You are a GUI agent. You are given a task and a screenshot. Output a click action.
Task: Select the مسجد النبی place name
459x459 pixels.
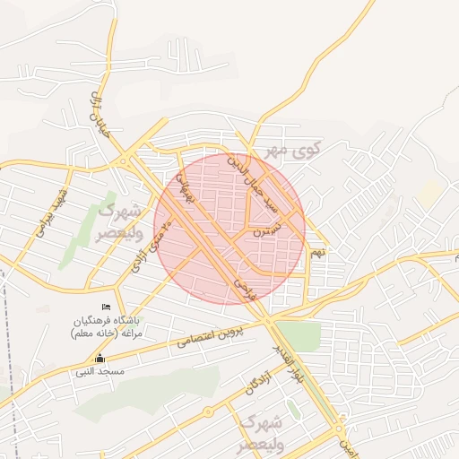100,370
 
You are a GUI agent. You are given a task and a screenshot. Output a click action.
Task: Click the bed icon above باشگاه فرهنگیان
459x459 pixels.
107,308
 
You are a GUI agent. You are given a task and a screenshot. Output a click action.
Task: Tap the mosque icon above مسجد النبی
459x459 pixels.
100,359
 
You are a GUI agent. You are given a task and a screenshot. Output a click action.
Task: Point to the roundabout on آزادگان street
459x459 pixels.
208,412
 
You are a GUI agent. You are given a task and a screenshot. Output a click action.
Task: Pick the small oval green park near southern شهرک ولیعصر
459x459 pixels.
293,411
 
